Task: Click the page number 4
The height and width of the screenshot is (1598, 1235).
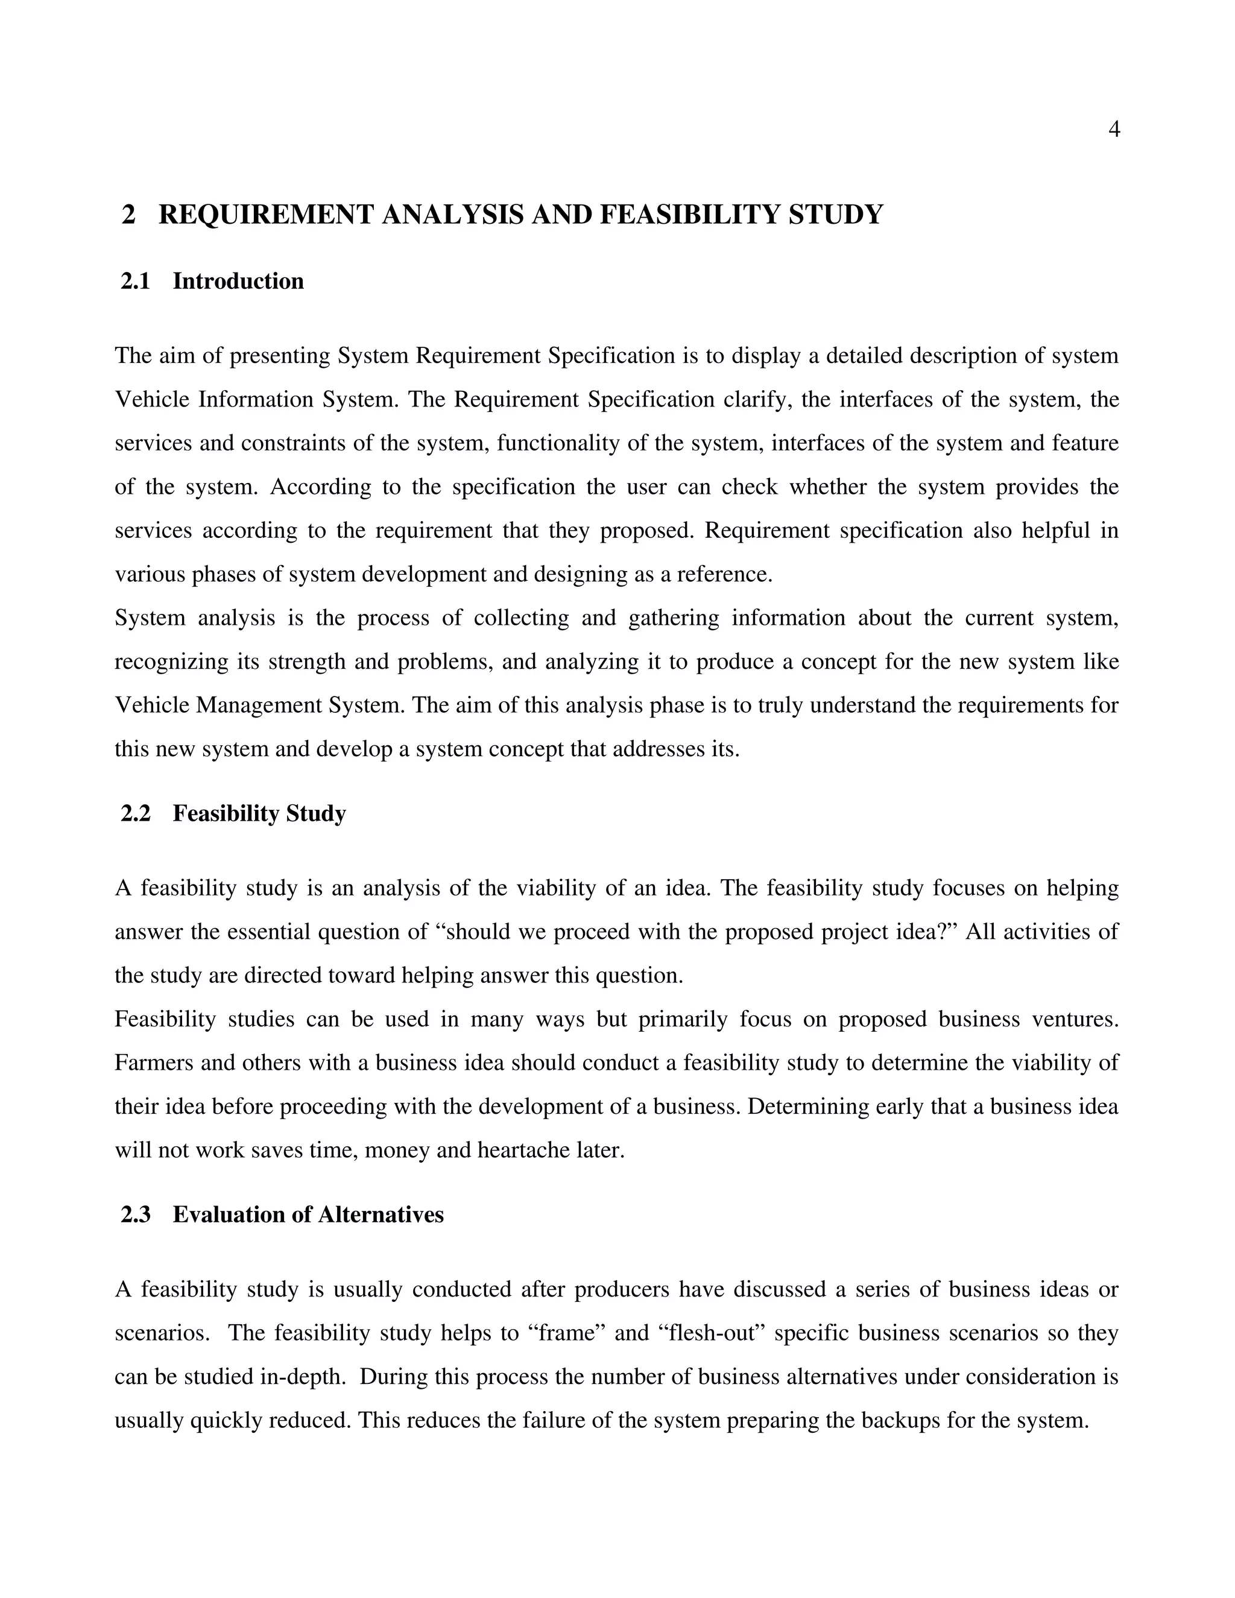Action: (x=1114, y=130)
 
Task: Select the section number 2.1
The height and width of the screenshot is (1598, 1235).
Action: (x=135, y=282)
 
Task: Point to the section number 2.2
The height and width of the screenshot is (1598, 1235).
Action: (x=135, y=813)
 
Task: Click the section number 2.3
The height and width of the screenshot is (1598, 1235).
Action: (x=135, y=1214)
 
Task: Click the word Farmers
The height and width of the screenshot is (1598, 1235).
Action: (x=154, y=1063)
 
